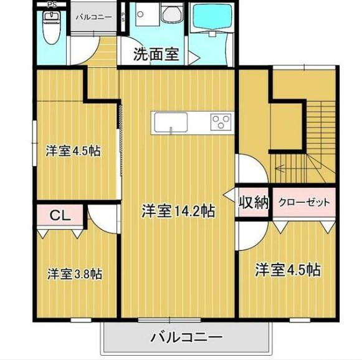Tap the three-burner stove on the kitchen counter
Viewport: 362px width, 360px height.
[x=220, y=120]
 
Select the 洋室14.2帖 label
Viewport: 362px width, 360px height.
[x=178, y=211]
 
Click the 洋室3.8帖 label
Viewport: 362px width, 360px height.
[x=75, y=273]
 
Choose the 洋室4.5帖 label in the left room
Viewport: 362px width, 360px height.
[x=73, y=150]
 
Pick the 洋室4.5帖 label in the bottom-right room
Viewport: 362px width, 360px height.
[x=287, y=270]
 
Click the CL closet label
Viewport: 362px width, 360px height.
[x=59, y=216]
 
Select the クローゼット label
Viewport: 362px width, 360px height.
[x=304, y=203]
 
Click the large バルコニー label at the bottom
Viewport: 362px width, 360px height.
[x=186, y=338]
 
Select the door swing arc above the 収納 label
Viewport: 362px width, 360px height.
[x=250, y=169]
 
